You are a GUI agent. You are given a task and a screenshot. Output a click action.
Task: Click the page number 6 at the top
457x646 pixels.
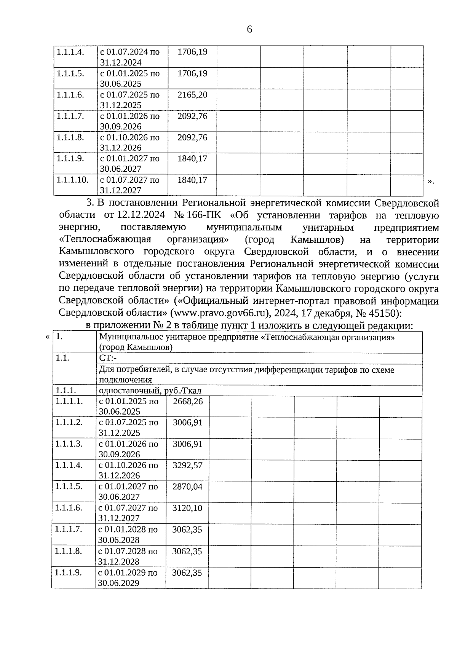[249, 29]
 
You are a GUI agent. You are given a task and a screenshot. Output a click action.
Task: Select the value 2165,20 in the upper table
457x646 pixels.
[192, 95]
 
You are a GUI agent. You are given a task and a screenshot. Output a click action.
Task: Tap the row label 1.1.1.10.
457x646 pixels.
[72, 180]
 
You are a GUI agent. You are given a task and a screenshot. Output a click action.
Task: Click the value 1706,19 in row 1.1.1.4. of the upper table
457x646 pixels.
[192, 52]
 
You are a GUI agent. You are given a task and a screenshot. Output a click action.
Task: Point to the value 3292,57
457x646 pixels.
[187, 465]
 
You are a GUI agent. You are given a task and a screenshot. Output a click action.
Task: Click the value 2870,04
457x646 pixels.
[187, 486]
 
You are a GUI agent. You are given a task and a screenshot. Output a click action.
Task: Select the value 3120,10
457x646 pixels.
[187, 507]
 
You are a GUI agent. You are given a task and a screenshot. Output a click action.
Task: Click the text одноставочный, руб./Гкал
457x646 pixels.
[150, 391]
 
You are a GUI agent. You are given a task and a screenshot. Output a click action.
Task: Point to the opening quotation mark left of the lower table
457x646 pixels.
[47, 337]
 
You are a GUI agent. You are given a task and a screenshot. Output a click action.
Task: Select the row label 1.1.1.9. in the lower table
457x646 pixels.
[69, 572]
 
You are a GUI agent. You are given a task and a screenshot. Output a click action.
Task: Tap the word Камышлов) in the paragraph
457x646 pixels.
[317, 240]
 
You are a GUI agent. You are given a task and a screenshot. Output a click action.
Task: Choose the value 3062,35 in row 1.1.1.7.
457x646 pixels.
[187, 529]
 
